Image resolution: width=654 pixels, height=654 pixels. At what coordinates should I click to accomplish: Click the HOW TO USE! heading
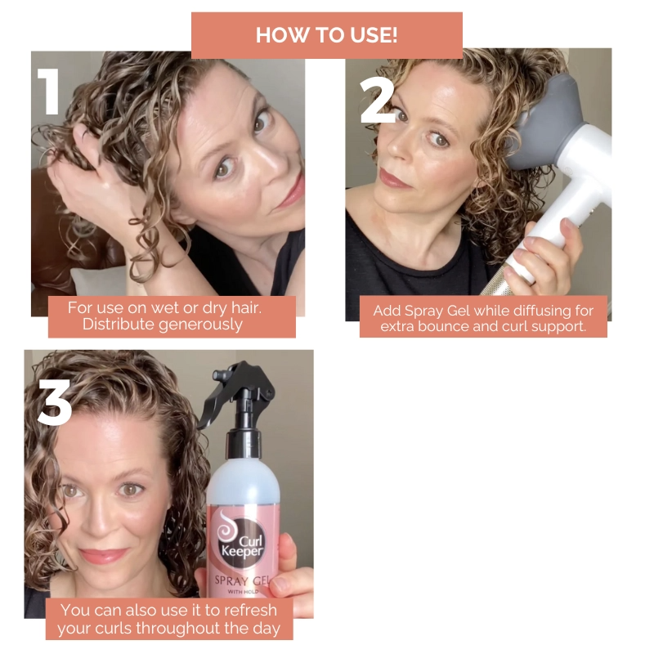tap(326, 35)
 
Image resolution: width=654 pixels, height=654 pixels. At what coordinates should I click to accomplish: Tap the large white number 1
tap(49, 91)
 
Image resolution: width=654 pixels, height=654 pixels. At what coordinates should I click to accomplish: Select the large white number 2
tap(378, 101)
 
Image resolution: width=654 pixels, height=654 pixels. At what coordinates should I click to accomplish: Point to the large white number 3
tap(55, 401)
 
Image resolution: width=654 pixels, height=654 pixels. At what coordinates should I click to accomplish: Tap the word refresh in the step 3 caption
tap(247, 610)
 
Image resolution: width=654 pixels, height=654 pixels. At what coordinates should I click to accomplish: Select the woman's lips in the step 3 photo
tap(105, 556)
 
